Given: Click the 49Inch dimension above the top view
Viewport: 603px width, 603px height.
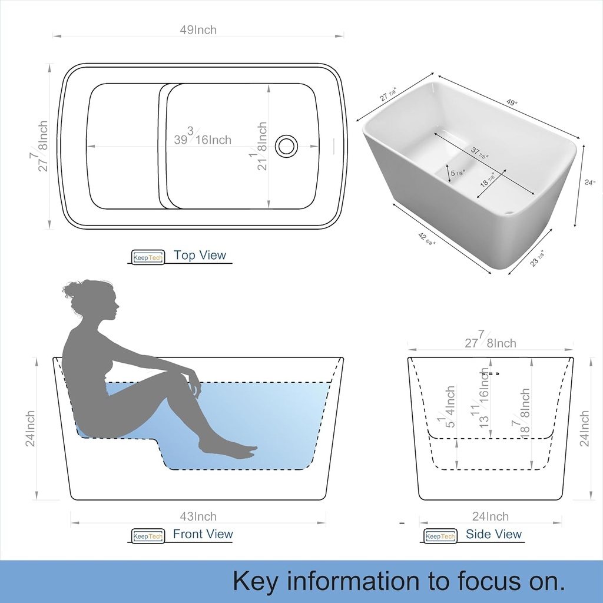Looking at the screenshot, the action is point(198,30).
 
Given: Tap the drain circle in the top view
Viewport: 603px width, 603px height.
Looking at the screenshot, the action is point(287,145).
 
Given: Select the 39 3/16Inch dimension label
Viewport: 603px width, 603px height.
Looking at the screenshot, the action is point(203,137).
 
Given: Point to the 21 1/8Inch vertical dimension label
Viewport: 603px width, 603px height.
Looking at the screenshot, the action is point(259,146).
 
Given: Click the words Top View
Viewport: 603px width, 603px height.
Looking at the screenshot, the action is point(200,255).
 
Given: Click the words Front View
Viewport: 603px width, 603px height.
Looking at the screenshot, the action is point(203,534).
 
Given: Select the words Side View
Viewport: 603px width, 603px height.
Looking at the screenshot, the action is point(493,534).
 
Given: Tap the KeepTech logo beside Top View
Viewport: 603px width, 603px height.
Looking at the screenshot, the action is point(148,257).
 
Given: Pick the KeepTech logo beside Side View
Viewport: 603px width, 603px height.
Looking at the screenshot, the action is point(440,536).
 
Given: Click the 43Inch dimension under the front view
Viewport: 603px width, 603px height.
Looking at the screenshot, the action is point(198,516).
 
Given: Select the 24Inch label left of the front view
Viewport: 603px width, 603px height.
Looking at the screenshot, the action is point(31,429).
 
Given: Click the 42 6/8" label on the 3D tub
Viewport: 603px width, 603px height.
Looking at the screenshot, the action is point(426,240).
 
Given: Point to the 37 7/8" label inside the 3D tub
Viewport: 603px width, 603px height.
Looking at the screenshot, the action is point(479,153).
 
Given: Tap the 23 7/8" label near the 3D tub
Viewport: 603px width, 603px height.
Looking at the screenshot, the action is point(537,258).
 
